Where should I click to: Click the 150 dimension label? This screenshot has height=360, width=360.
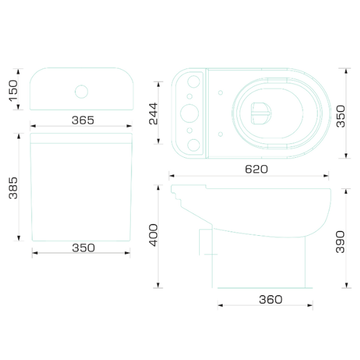(13, 91)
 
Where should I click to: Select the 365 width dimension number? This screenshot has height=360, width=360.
(83, 120)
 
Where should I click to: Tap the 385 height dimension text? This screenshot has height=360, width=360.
(13, 188)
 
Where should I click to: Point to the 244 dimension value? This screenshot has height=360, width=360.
(154, 113)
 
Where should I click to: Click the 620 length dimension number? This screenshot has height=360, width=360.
(256, 169)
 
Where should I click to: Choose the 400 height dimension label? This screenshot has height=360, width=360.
(154, 235)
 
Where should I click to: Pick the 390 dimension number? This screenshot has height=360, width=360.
(340, 242)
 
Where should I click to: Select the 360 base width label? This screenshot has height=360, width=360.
(271, 299)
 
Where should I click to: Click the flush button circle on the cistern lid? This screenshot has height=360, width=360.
(82, 92)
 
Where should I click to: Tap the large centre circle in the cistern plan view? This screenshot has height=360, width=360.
(190, 113)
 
